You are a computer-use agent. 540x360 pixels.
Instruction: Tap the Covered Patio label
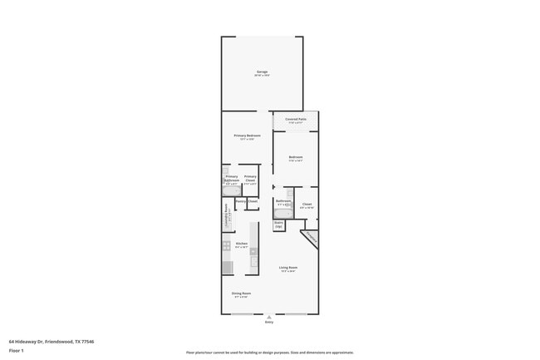pyautogui.click(x=296, y=120)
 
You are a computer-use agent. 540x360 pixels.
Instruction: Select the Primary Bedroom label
pyautogui.click(x=247, y=136)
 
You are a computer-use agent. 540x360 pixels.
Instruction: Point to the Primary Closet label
pyautogui.click(x=250, y=178)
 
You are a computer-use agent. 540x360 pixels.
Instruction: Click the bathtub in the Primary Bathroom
pyautogui.click(x=232, y=190)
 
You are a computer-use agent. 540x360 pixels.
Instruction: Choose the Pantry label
pyautogui.click(x=240, y=201)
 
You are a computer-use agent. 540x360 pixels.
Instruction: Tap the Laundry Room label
pyautogui.click(x=226, y=215)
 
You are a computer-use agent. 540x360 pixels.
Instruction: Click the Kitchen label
pyautogui.click(x=241, y=244)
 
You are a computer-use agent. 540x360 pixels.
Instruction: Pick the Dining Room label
pyautogui.click(x=241, y=294)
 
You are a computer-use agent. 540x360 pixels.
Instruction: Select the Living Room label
pyautogui.click(x=288, y=269)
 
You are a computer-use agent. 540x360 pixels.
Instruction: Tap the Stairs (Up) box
pyautogui.click(x=278, y=224)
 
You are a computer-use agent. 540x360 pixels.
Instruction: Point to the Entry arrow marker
pyautogui.click(x=268, y=316)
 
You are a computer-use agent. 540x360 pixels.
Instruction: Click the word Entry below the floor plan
pyautogui.click(x=268, y=322)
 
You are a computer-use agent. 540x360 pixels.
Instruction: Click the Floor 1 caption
pyautogui.click(x=17, y=351)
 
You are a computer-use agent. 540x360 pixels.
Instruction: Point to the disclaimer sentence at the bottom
pyautogui.click(x=269, y=353)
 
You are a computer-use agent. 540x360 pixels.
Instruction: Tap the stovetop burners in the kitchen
pyautogui.click(x=226, y=246)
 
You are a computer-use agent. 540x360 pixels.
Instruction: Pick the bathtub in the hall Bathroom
pyautogui.click(x=282, y=213)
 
